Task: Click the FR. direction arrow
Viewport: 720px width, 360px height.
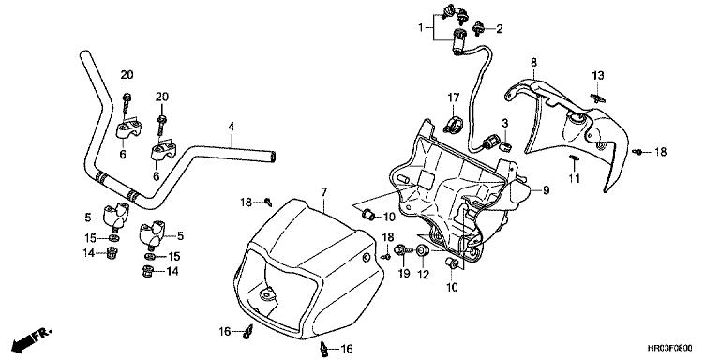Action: tap(31, 338)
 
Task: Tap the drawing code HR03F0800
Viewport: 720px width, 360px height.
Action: tap(671, 349)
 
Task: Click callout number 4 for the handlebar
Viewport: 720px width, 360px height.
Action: tap(232, 126)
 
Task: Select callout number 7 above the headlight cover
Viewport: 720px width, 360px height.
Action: tap(323, 192)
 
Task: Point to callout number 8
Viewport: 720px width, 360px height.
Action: tap(533, 62)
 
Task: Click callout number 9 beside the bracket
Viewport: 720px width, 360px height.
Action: tap(546, 190)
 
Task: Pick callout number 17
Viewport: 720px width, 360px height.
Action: tap(454, 97)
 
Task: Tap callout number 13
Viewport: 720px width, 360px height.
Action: tap(598, 75)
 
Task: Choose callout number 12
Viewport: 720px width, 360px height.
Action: tap(423, 274)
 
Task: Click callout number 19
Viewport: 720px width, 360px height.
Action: tap(404, 274)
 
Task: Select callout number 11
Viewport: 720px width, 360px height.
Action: tap(575, 178)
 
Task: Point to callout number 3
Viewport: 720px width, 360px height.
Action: tap(505, 123)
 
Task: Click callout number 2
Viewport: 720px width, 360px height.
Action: tap(499, 29)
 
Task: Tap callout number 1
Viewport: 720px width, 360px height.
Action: tap(420, 27)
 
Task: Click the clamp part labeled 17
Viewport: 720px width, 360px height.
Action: tap(452, 125)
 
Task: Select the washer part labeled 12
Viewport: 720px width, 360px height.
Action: tap(423, 250)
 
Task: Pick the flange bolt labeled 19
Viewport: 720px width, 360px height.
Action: tap(403, 249)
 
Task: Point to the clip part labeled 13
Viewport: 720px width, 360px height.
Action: tap(597, 97)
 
